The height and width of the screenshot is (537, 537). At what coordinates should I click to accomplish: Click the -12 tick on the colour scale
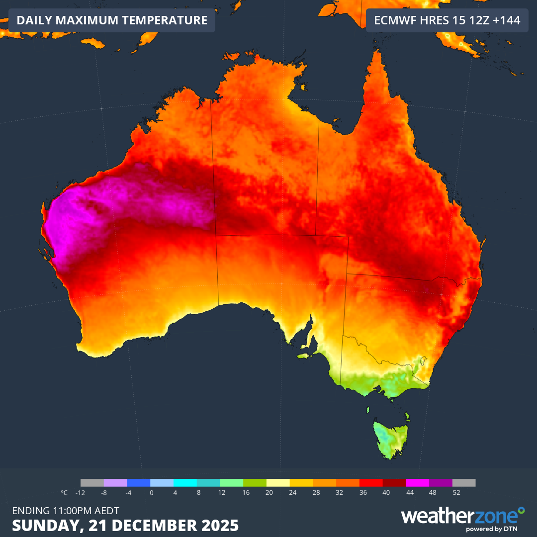[x=80, y=493]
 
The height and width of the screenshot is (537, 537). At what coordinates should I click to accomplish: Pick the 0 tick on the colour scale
[x=151, y=493]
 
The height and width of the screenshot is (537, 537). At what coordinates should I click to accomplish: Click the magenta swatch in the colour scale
[x=418, y=483]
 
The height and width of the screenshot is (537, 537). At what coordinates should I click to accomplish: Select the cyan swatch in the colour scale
[x=185, y=483]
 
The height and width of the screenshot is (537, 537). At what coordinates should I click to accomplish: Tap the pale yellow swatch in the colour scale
[x=278, y=483]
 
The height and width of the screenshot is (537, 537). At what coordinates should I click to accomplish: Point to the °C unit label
[x=64, y=493]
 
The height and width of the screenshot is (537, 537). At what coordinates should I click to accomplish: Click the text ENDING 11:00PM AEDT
[x=65, y=511]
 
